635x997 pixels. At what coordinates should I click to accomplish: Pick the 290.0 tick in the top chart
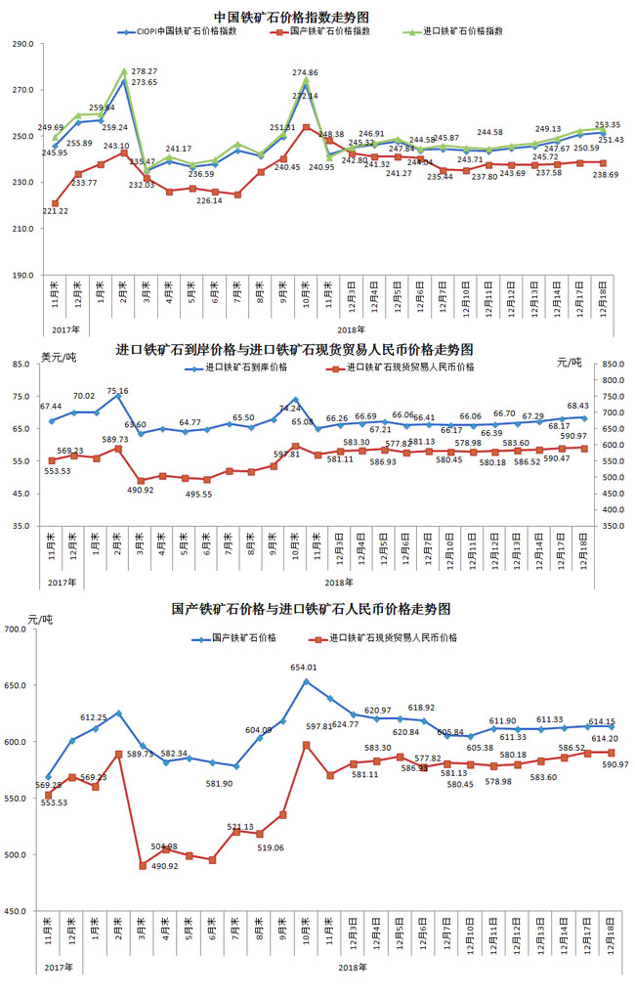tap(21, 44)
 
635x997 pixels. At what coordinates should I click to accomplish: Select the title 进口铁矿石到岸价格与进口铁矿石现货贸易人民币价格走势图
tap(295, 349)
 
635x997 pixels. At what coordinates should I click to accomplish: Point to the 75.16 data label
tap(116, 391)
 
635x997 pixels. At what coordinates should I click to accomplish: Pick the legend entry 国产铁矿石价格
tap(243, 637)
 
